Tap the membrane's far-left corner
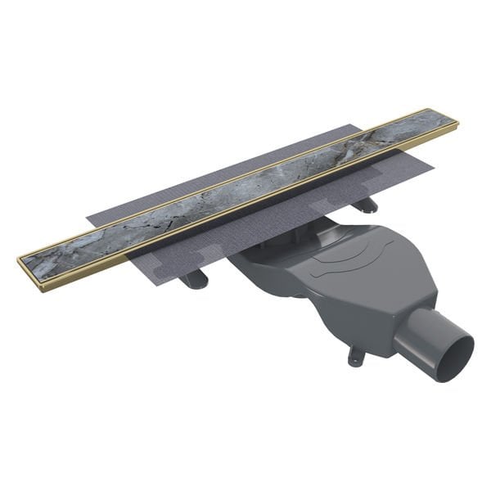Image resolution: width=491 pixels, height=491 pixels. [x=88, y=219]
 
